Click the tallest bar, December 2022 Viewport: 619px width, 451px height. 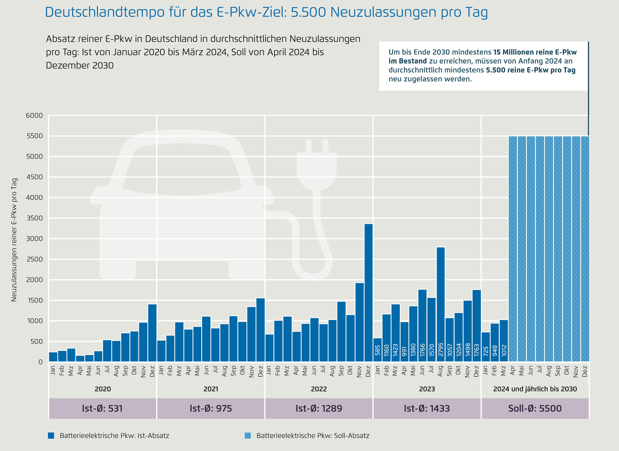coord(368,292)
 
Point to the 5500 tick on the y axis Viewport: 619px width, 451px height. coord(35,136)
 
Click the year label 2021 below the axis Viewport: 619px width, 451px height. coord(211,389)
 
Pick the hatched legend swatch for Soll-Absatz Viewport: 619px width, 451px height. coord(247,435)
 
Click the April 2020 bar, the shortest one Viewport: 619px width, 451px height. coord(80,358)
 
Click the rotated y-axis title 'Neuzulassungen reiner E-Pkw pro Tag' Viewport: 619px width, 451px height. coord(14,240)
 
